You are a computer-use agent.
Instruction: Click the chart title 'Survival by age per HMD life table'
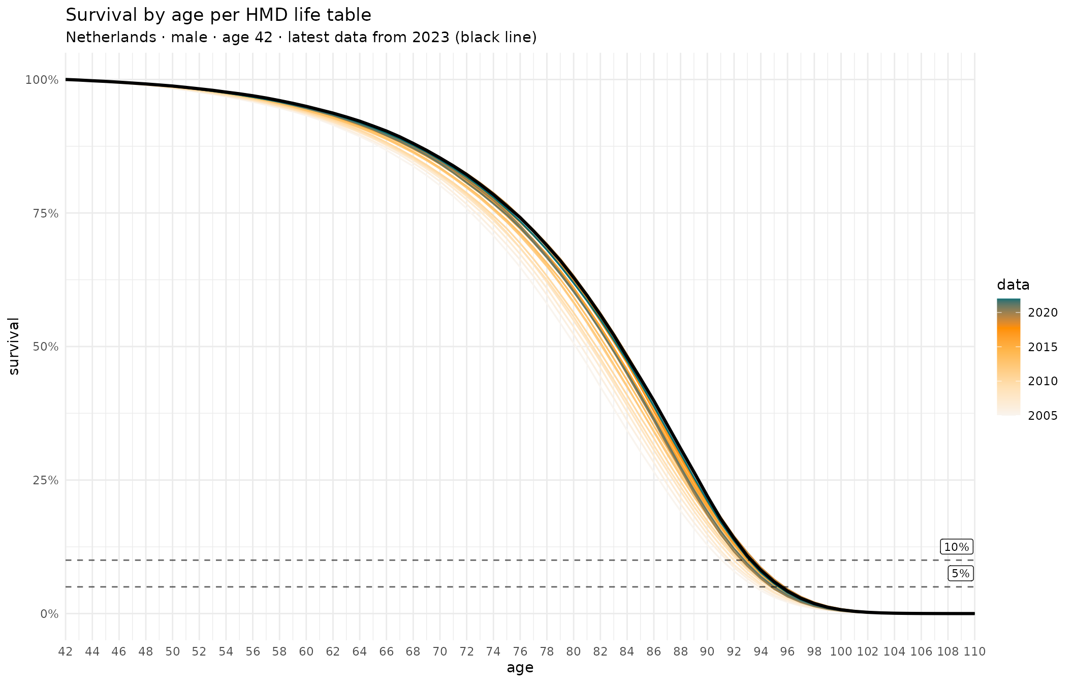(x=218, y=15)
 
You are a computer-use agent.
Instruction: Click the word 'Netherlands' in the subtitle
(x=111, y=38)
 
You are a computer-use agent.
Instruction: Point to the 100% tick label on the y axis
(x=42, y=80)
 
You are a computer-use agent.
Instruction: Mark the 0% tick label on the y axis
(x=49, y=614)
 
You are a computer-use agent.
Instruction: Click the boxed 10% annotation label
(x=957, y=547)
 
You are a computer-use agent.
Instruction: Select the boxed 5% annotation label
(x=960, y=574)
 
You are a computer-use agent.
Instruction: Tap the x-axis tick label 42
(x=66, y=652)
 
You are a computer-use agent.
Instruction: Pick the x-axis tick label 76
(x=520, y=652)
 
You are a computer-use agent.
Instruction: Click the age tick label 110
(x=974, y=652)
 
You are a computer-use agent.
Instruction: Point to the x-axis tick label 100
(x=840, y=652)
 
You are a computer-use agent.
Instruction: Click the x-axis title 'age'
(x=520, y=668)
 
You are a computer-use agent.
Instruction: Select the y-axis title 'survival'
(x=14, y=347)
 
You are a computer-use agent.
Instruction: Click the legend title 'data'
(x=1013, y=285)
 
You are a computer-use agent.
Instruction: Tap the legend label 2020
(x=1043, y=313)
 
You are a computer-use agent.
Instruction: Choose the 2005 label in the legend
(x=1043, y=416)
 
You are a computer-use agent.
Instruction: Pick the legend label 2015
(x=1043, y=347)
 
